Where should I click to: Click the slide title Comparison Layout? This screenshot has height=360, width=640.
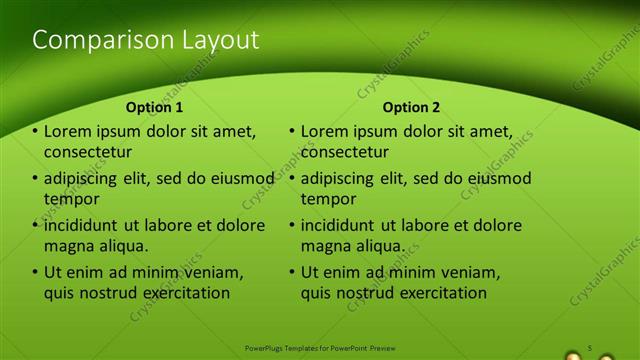tap(146, 40)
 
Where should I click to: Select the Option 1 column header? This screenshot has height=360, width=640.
tap(154, 107)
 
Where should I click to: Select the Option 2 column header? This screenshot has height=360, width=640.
tap(411, 107)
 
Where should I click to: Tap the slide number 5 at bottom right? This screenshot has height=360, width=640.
tap(590, 347)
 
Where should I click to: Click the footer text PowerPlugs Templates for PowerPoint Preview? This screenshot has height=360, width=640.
tap(320, 348)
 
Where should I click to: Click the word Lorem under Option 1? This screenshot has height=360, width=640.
tap(68, 131)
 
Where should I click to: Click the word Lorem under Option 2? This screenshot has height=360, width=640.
tap(324, 131)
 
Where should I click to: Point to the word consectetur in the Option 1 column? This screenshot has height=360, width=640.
tap(88, 152)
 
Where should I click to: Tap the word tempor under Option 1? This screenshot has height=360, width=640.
tap(68, 199)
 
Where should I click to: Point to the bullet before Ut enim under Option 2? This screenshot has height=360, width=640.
tap(292, 272)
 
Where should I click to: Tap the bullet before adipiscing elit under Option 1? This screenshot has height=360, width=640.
tap(36, 179)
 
